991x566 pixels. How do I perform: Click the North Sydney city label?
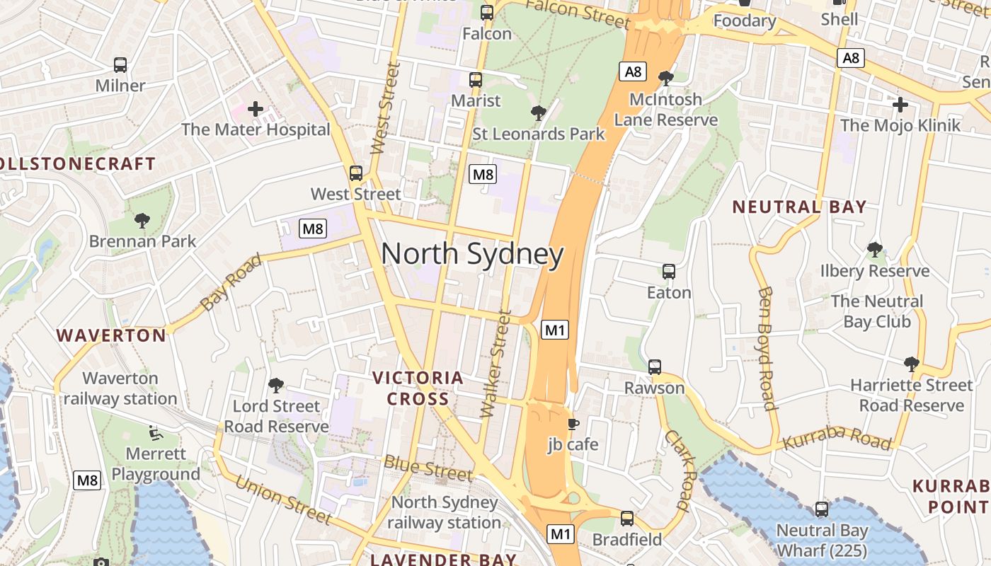(472, 254)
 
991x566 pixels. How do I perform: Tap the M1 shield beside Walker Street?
(555, 329)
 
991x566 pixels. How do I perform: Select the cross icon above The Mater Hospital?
(256, 109)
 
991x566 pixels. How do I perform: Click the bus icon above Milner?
(120, 65)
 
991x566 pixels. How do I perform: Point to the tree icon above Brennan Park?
(142, 221)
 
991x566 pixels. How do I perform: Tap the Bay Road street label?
(231, 282)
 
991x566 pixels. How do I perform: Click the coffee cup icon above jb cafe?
(573, 424)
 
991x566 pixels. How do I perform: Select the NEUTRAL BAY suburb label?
(799, 207)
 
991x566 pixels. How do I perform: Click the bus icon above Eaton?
(668, 271)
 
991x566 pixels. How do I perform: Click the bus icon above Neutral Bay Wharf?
(822, 509)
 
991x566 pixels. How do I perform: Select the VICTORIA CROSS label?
(418, 388)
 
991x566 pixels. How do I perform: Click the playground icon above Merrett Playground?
(156, 432)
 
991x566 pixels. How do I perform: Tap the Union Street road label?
(283, 499)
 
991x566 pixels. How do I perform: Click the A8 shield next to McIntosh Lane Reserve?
(633, 71)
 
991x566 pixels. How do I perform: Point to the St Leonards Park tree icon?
(538, 112)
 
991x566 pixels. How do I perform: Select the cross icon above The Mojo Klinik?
(900, 105)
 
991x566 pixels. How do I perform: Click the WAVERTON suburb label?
(111, 335)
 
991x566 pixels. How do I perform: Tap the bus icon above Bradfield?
(627, 518)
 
